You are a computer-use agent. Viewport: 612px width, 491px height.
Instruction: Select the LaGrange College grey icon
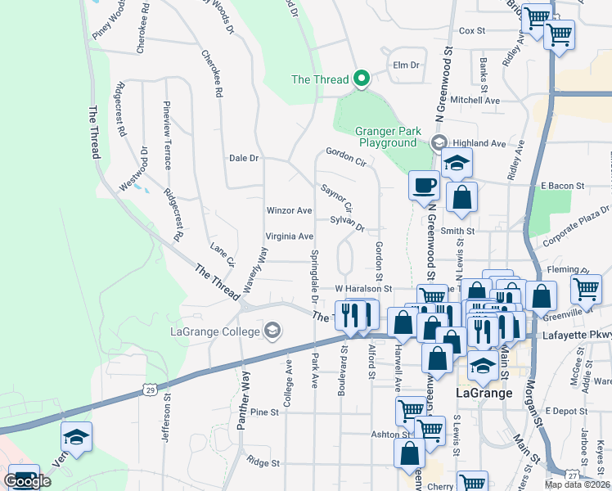tap(272, 331)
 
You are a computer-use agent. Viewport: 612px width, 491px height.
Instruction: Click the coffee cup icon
tap(423, 185)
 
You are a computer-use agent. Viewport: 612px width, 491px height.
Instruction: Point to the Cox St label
tap(472, 31)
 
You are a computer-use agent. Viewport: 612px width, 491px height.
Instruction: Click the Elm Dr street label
tap(406, 65)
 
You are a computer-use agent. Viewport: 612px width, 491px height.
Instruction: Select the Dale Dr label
tap(244, 158)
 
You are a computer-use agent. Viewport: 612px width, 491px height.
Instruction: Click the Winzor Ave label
tap(290, 210)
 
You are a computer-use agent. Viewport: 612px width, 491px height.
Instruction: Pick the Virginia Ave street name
tap(290, 236)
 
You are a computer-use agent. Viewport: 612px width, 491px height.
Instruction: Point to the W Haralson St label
tap(364, 289)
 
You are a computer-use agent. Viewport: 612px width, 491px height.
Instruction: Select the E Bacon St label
tap(563, 187)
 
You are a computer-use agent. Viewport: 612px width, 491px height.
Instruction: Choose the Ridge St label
tap(263, 462)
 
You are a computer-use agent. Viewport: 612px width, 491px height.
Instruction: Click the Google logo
tap(27, 480)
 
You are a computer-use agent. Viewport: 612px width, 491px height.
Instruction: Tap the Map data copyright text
tap(577, 484)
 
